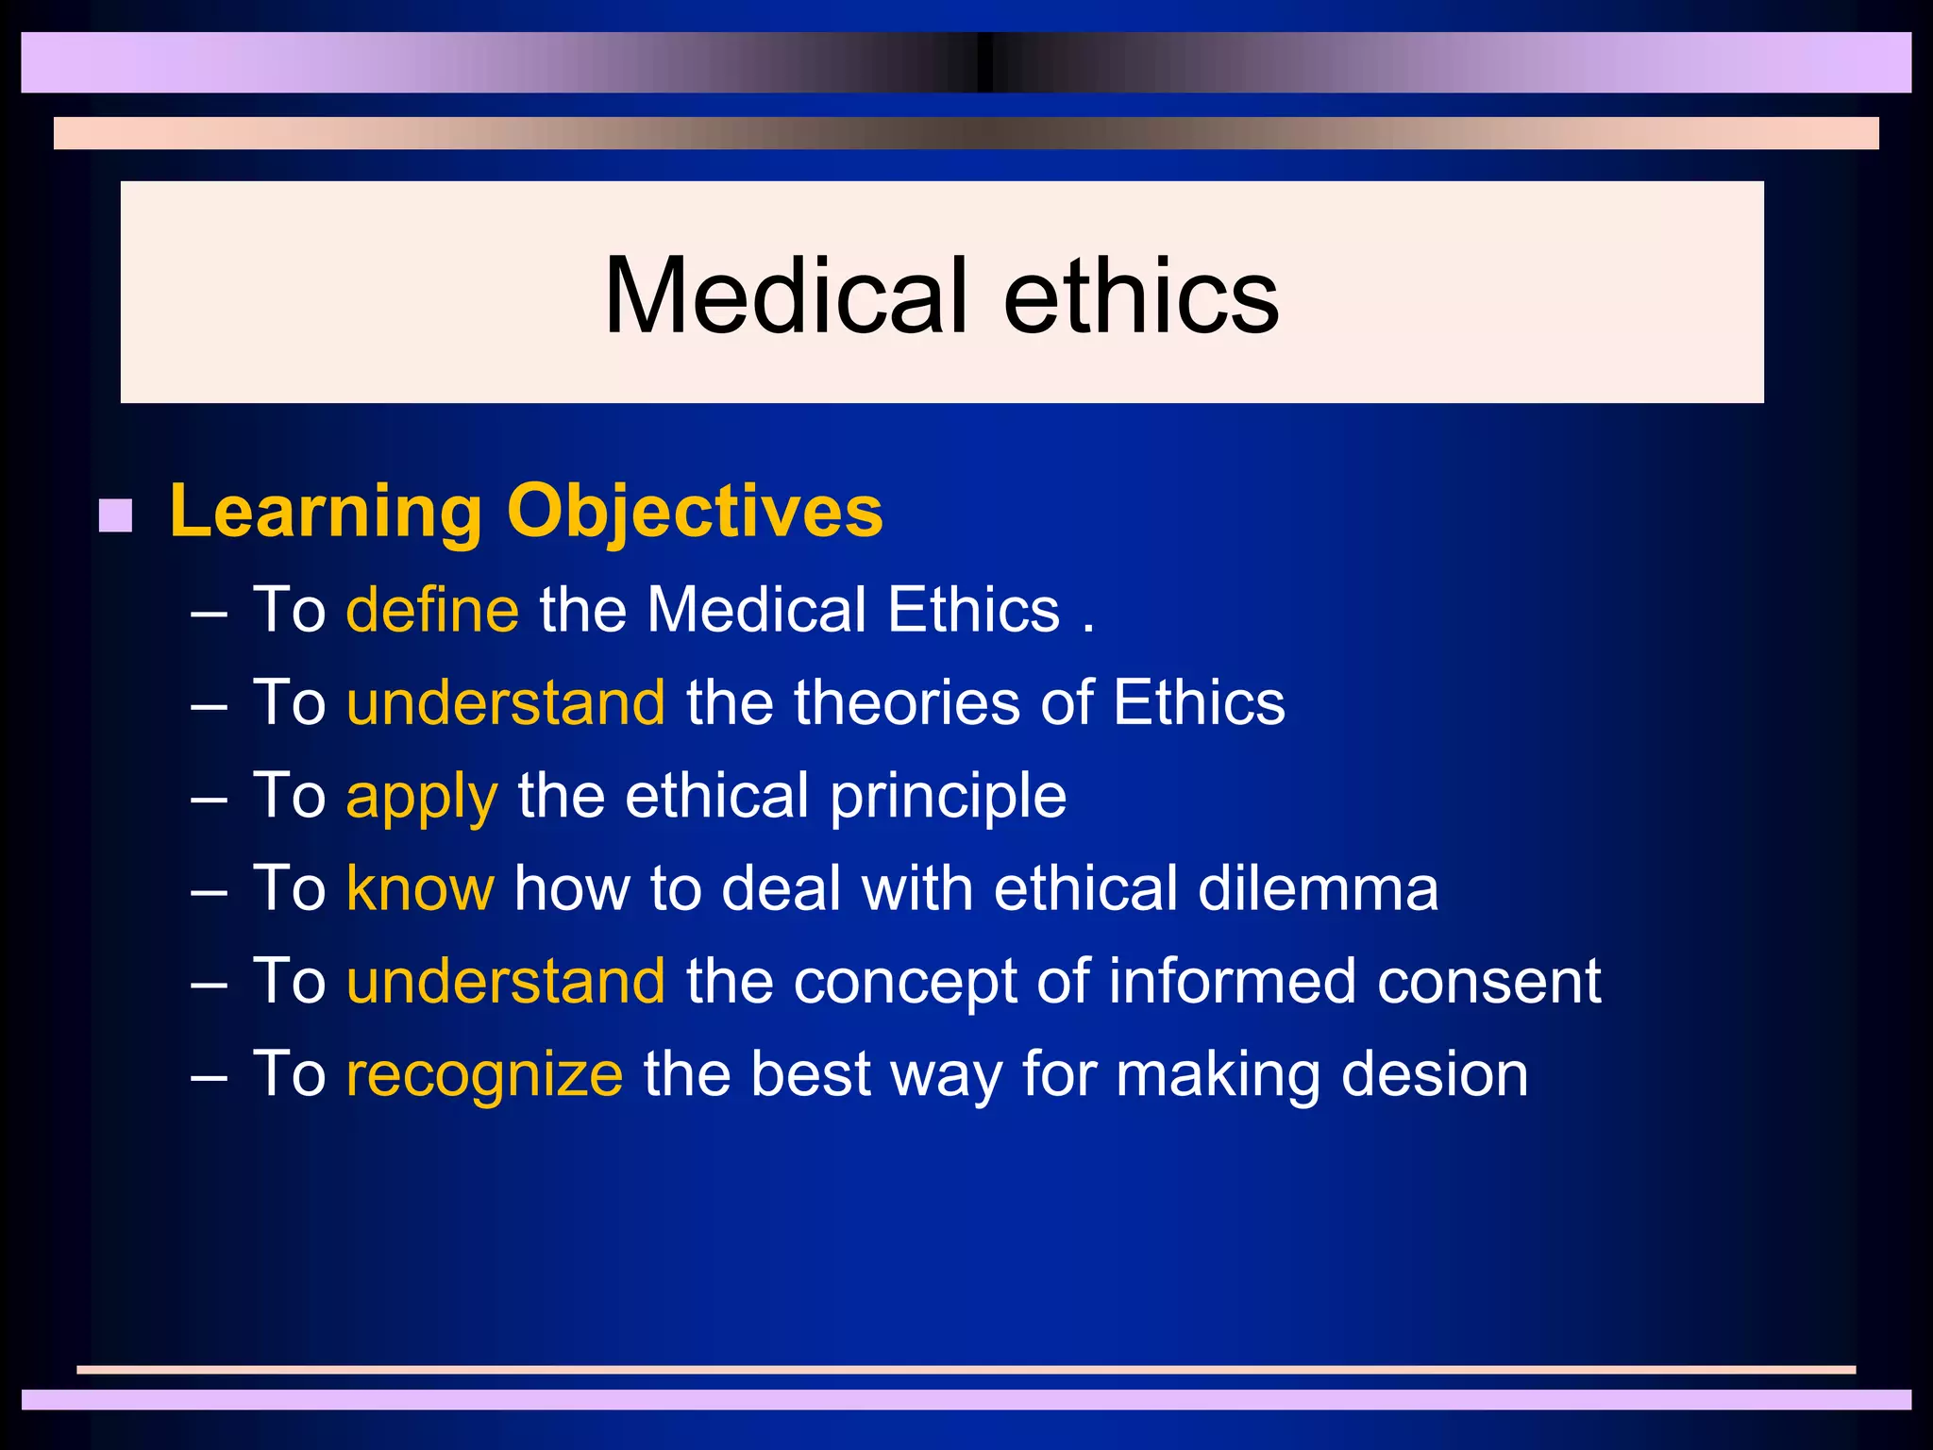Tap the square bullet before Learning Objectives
[115, 515]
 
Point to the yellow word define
[432, 610]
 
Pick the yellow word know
[420, 888]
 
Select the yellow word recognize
[484, 1075]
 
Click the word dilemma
[1318, 888]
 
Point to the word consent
[1488, 982]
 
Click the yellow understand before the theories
[506, 703]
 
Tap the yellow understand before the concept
[506, 982]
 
